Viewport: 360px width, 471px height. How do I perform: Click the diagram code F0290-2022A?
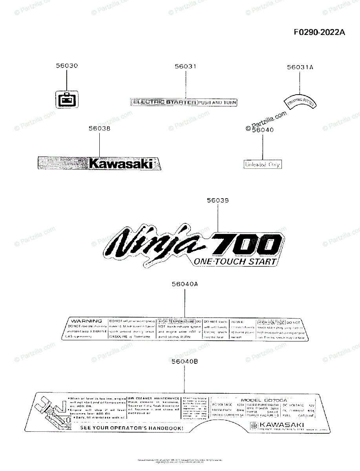[320, 32]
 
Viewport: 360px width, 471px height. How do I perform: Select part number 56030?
[67, 66]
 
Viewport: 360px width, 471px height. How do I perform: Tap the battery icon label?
[66, 100]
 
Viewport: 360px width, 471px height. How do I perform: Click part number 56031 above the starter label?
[185, 66]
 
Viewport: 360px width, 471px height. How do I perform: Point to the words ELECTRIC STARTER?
[164, 102]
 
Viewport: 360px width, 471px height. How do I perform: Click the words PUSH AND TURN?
[217, 102]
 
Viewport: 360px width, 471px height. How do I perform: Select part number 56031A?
[300, 67]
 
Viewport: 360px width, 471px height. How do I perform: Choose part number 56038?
[99, 128]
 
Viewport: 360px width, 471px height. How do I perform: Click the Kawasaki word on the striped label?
[121, 163]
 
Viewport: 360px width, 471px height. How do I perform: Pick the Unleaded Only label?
[263, 164]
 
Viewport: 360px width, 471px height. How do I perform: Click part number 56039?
[218, 201]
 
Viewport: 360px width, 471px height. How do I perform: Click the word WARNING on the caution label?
[86, 321]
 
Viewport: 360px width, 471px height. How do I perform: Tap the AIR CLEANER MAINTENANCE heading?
[154, 398]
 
